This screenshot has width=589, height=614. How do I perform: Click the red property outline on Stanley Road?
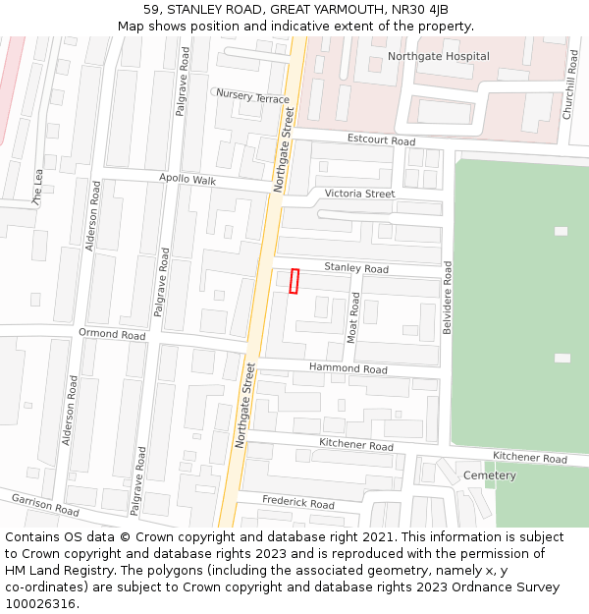294,281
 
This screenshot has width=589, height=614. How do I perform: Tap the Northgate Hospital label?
438,56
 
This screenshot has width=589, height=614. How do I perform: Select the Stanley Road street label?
355,268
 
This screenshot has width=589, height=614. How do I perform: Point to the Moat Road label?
354,316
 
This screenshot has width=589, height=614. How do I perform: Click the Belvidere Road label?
448,298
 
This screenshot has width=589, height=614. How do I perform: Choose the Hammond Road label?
348,368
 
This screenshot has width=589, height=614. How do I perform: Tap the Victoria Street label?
359,195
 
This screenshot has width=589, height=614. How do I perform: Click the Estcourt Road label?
382,140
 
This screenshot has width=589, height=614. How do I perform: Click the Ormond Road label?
112,334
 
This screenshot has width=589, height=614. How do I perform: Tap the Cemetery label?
489,475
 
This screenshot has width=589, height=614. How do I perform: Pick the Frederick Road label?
297,503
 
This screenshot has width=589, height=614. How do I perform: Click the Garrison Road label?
45,505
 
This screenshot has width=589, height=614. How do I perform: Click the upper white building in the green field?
561,231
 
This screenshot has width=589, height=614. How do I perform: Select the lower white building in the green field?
562,358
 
